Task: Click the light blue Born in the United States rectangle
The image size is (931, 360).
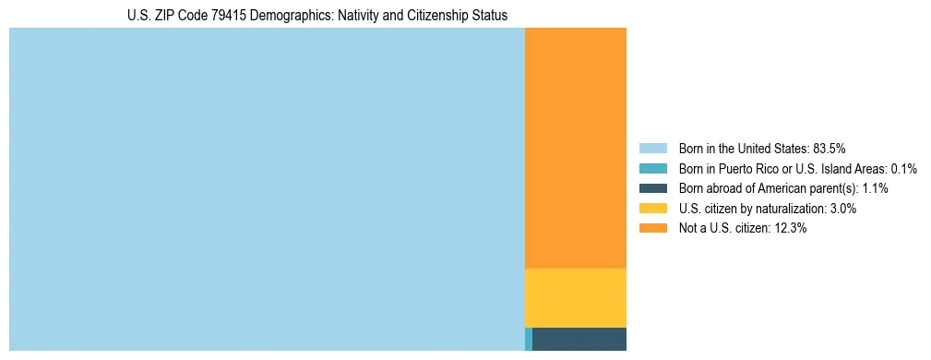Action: point(267,189)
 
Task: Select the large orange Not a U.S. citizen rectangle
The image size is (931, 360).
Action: point(575,148)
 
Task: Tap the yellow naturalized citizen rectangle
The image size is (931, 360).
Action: point(575,297)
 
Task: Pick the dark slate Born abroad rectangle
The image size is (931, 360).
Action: point(579,339)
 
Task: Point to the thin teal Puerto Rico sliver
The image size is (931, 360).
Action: point(529,339)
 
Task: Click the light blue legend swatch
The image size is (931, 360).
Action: point(652,148)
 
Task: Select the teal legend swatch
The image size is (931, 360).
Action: point(652,168)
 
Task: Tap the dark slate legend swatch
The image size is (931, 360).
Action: point(652,188)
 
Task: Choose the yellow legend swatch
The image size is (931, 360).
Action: point(652,209)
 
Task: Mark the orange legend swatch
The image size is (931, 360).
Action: point(652,228)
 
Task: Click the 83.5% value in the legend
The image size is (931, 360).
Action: point(829,148)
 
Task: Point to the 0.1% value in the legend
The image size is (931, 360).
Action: point(903,168)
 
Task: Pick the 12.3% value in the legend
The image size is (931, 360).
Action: point(790,228)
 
